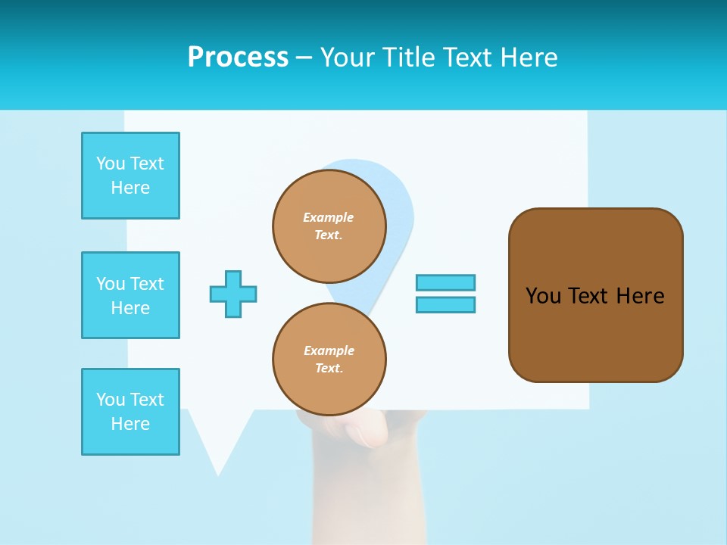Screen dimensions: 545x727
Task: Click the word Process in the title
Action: point(238,58)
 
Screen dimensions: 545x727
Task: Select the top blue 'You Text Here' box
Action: point(130,176)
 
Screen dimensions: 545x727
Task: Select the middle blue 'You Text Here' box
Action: point(130,295)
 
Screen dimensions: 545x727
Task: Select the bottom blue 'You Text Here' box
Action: point(130,412)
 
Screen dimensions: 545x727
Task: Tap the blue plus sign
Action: point(233,294)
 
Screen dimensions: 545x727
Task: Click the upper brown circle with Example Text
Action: point(329,226)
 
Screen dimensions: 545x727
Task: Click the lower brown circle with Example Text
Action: point(329,359)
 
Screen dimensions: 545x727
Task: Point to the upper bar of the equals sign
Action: point(445,282)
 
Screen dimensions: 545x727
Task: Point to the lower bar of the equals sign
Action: point(445,304)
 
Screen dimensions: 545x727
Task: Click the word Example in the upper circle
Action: point(329,217)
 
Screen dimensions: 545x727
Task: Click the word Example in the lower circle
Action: point(329,350)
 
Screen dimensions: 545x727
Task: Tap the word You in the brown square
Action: point(542,296)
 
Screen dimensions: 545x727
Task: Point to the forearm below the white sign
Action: point(363,500)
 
